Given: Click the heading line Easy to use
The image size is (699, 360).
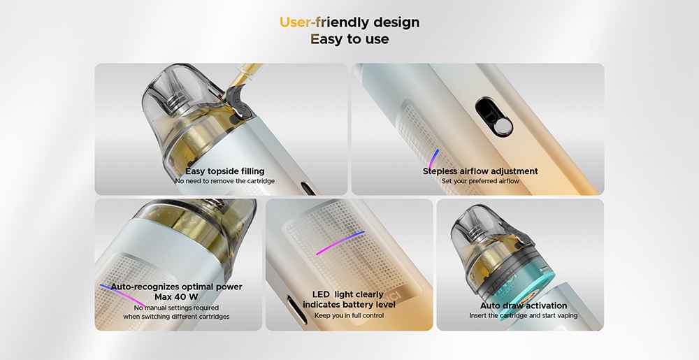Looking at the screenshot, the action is click(x=349, y=39).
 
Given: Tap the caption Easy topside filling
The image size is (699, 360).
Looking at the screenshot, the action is click(x=224, y=171).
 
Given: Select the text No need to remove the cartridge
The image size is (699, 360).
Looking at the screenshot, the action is click(x=224, y=181).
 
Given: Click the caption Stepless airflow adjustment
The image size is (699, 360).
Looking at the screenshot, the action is click(x=480, y=171).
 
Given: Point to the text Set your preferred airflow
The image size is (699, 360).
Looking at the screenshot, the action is click(x=480, y=181).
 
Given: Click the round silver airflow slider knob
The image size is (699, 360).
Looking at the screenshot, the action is click(x=503, y=127).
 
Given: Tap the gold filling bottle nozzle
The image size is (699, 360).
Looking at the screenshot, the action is click(x=249, y=73).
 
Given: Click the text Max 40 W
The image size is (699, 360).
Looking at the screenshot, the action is click(x=177, y=296).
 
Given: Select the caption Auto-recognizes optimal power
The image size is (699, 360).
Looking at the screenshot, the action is click(x=177, y=287).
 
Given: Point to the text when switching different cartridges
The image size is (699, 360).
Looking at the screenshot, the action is click(x=177, y=317).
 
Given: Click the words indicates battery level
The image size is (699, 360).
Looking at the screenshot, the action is click(x=349, y=305).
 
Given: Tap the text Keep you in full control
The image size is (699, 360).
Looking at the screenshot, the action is click(x=349, y=315).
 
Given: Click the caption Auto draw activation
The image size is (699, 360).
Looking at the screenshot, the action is click(x=524, y=305).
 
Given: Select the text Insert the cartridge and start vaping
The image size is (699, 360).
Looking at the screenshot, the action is click(x=524, y=315).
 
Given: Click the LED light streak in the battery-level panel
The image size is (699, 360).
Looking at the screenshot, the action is click(x=340, y=243).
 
